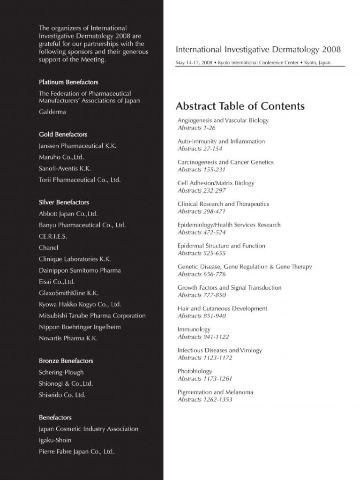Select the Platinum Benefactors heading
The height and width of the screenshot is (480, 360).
pos(68,82)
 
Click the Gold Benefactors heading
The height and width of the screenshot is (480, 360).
pos(63,135)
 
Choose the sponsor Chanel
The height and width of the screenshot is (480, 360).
pos(49,247)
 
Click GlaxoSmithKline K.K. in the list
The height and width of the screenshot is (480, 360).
pos(68,293)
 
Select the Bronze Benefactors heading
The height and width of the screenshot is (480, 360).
pos(66,361)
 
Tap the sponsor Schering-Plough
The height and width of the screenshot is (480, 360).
pos(61,372)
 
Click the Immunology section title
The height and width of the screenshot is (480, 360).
pos(194,330)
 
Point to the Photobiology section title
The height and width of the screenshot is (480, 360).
pos(195,371)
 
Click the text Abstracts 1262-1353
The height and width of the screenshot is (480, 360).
pos(205,399)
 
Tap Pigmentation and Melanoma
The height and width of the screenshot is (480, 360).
pos(215,392)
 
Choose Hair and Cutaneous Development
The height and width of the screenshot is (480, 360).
pos(222,308)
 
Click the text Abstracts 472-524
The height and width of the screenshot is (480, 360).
pos(202,232)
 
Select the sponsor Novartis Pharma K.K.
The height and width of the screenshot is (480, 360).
pos(68,338)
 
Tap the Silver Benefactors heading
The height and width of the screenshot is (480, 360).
pos(64,202)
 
